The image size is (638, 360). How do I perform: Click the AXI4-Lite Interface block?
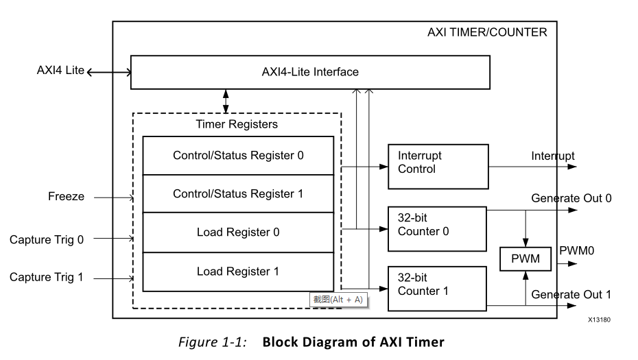click(310, 72)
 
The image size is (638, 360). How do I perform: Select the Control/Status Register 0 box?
click(238, 156)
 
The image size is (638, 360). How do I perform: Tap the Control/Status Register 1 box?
click(238, 194)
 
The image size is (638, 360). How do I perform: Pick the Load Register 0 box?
click(238, 232)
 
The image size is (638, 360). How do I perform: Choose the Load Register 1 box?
click(238, 272)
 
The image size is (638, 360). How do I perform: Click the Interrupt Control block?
click(438, 167)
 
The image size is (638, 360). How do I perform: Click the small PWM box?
click(525, 259)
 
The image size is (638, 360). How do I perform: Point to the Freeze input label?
click(66, 197)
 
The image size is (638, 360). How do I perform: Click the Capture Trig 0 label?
click(47, 239)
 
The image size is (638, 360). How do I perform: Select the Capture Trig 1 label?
click(47, 278)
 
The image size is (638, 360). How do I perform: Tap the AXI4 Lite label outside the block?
click(60, 70)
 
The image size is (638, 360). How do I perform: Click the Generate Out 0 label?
click(571, 199)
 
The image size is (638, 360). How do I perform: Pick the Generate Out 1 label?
click(571, 295)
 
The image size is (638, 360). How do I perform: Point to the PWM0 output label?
click(577, 250)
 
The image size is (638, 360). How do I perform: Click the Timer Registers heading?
click(237, 124)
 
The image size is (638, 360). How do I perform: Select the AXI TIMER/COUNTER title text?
click(487, 32)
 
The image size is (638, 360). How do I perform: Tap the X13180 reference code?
click(599, 320)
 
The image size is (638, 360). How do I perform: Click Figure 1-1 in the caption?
click(213, 342)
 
